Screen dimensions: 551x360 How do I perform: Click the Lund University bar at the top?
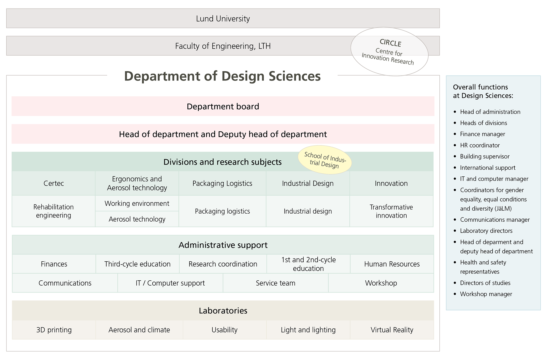click(x=223, y=18)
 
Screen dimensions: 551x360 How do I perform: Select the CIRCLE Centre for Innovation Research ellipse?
click(x=389, y=52)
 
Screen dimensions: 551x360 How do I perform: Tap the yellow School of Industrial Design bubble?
click(x=325, y=160)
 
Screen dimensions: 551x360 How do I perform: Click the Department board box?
click(x=223, y=106)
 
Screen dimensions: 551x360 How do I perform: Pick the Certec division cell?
click(x=54, y=183)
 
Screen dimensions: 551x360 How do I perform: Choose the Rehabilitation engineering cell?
click(x=54, y=211)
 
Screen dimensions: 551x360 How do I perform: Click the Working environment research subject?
click(x=137, y=203)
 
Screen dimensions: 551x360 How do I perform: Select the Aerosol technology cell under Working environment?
click(x=137, y=219)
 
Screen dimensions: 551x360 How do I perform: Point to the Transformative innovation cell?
click(x=391, y=211)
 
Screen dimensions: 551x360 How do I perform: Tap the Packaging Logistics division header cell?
click(x=222, y=183)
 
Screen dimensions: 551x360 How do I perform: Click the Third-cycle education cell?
click(x=137, y=264)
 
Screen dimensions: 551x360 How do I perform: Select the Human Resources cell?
click(x=392, y=264)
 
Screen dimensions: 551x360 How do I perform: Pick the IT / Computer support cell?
click(x=170, y=283)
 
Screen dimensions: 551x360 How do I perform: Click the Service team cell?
click(x=275, y=283)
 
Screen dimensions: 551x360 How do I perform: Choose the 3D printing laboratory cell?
click(x=54, y=330)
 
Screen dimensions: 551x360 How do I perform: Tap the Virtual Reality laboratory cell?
click(x=392, y=330)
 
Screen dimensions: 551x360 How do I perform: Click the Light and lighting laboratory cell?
click(x=308, y=330)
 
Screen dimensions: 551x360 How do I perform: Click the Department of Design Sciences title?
click(x=222, y=76)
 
